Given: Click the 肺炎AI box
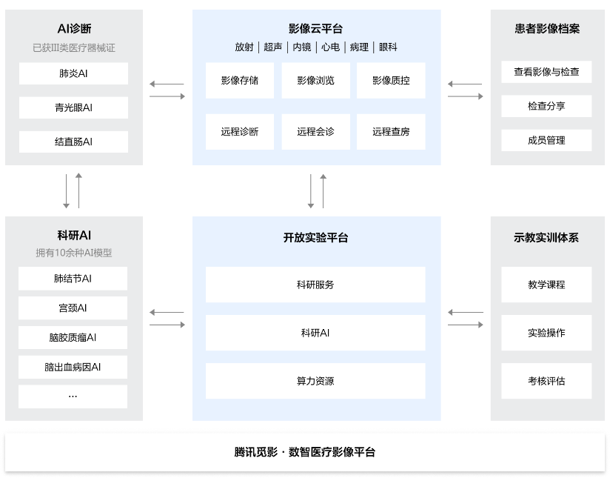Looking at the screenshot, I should [x=73, y=73].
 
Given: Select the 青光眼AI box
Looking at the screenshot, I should [x=73, y=107].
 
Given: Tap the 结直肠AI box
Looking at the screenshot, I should [x=73, y=142].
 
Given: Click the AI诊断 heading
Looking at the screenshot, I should [x=74, y=29].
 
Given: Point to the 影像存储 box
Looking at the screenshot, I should [x=240, y=80].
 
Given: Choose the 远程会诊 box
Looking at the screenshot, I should [x=315, y=132].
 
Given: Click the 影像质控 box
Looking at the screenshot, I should [x=391, y=80].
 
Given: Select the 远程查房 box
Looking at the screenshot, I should [x=391, y=132].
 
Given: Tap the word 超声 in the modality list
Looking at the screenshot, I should [x=272, y=47].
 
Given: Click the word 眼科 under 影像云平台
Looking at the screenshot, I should [x=388, y=47].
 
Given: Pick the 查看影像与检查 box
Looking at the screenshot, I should [x=546, y=72].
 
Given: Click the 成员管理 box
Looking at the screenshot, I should [x=546, y=140].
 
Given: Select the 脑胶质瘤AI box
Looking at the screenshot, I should [x=73, y=337].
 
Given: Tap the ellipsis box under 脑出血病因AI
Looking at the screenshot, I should [x=73, y=396].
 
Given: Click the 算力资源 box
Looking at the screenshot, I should [x=315, y=381].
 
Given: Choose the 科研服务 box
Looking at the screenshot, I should [x=315, y=285].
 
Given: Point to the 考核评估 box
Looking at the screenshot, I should [x=546, y=381].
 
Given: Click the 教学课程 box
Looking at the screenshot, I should [x=546, y=285].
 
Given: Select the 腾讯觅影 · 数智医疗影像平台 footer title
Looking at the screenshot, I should [x=305, y=452].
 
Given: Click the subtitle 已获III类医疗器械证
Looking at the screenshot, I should [x=74, y=48].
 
